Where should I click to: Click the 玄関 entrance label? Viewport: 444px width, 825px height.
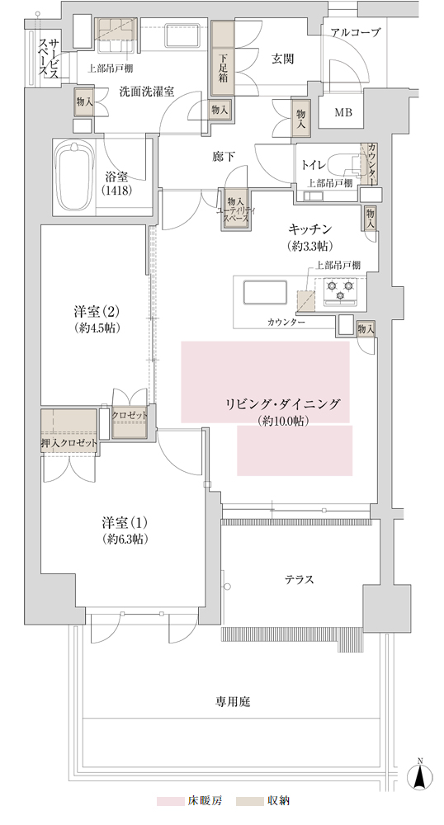point(282,59)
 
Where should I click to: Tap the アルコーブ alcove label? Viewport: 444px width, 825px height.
point(355,33)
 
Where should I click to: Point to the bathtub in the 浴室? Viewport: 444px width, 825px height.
point(74,177)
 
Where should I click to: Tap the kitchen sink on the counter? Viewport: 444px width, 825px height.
point(265,293)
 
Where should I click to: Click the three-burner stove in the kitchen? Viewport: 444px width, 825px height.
point(339,291)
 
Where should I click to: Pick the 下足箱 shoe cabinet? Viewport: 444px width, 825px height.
point(224,58)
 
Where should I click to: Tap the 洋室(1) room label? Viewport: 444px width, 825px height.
point(125,523)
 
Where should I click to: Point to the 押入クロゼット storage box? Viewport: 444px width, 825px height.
point(69,430)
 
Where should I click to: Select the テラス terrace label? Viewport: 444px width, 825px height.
point(300,580)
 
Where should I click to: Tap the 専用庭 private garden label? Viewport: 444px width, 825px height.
point(232,702)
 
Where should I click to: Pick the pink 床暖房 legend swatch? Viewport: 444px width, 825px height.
point(169,801)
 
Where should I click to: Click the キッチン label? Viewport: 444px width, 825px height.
point(309,229)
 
